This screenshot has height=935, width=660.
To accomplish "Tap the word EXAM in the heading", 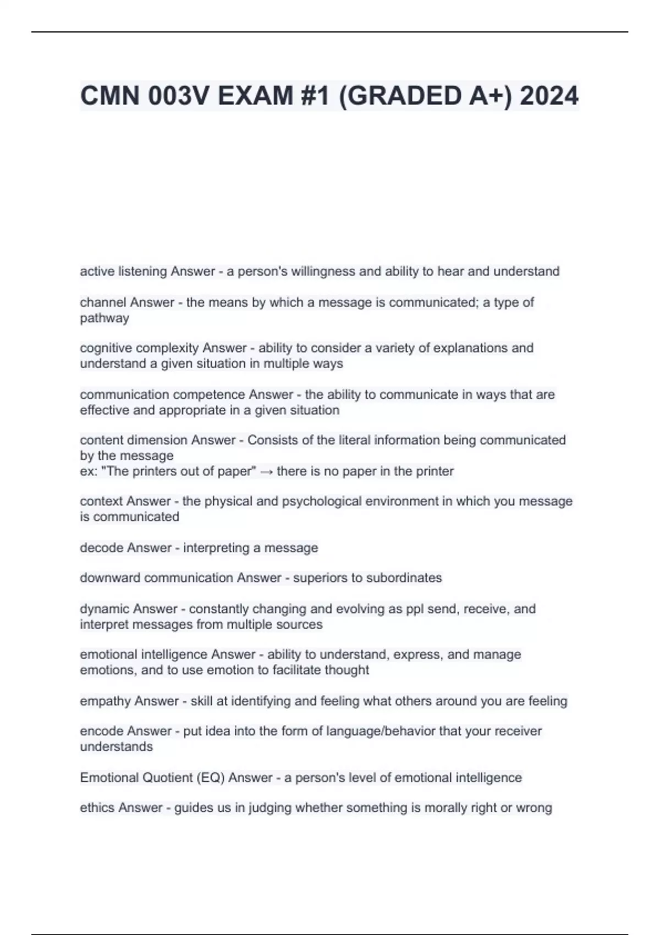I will point(256,96).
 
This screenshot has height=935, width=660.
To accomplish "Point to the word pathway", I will point(105,318).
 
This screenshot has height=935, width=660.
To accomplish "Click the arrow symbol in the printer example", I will point(266,471).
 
